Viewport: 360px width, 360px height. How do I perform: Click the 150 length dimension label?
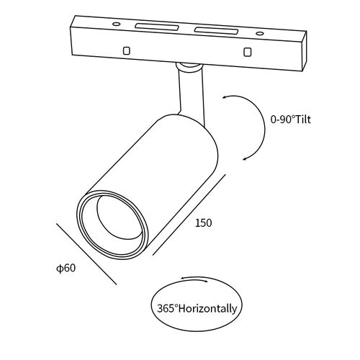[x=204, y=223]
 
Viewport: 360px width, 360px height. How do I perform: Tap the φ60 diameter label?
[x=66, y=268]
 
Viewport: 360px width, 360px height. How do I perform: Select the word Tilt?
[x=302, y=120]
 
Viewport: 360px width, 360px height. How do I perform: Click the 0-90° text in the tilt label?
[x=282, y=120]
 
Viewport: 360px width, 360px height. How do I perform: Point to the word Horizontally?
[x=208, y=308]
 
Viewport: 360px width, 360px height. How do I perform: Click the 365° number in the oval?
[x=168, y=308]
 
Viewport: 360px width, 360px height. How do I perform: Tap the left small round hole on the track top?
[x=116, y=24]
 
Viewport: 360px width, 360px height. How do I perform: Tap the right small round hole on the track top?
[x=259, y=33]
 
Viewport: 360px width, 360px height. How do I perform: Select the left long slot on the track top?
[x=157, y=27]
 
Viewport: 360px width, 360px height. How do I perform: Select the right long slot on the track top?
[x=216, y=30]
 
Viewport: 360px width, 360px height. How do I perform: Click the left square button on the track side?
[x=127, y=50]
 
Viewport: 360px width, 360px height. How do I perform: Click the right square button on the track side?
[x=247, y=52]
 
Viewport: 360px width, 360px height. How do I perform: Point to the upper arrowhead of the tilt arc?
[x=225, y=97]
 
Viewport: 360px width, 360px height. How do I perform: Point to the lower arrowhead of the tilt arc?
[x=246, y=158]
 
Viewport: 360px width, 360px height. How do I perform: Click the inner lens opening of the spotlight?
[x=118, y=217]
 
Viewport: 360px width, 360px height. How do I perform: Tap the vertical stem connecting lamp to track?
[x=192, y=95]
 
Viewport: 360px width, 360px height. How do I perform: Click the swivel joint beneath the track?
[x=188, y=66]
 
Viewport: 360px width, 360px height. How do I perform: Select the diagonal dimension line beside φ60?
[x=86, y=254]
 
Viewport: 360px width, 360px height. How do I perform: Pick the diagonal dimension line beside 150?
[x=189, y=215]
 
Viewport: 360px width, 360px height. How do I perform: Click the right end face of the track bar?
[x=304, y=51]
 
